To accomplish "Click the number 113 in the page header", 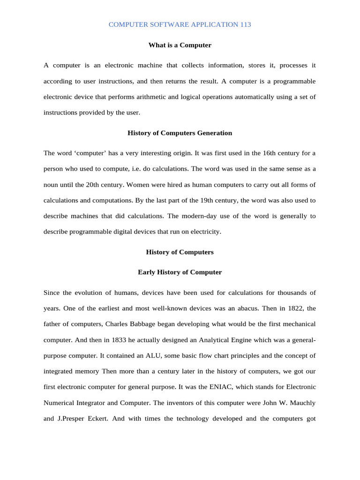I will [x=245, y=24].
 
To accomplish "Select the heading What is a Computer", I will [x=180, y=45].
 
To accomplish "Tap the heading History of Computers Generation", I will [x=180, y=133].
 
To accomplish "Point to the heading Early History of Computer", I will [x=180, y=272].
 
